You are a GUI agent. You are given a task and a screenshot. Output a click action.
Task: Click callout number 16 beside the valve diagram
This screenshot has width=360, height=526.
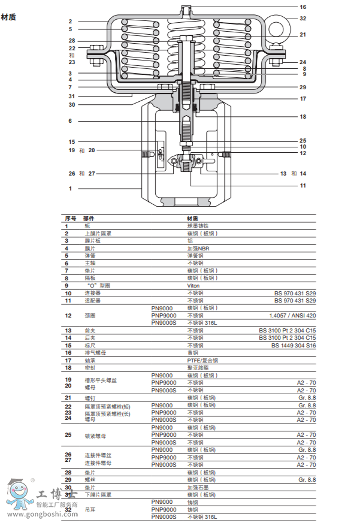click(x=303, y=7)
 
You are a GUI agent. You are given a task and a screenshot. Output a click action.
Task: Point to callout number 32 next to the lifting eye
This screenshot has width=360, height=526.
click(x=303, y=19)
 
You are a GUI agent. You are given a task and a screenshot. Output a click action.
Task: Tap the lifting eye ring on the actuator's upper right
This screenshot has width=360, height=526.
click(x=276, y=28)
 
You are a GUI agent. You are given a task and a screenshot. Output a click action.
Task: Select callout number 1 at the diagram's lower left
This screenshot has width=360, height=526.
click(x=70, y=189)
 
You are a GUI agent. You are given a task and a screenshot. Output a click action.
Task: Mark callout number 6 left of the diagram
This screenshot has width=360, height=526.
click(x=70, y=121)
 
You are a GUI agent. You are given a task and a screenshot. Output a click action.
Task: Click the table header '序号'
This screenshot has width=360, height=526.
click(x=70, y=219)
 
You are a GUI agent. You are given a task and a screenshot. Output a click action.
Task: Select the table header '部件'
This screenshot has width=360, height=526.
click(x=89, y=219)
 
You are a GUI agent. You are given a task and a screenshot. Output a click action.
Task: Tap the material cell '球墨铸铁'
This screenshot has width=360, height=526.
click(x=197, y=226)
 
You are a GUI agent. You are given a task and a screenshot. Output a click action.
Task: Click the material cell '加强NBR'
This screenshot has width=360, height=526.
click(x=197, y=249)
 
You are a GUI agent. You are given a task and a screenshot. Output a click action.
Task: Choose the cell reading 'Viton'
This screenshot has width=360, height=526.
click(x=193, y=286)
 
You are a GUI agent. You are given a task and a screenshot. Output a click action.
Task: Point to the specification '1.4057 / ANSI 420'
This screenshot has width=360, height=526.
click(x=292, y=315)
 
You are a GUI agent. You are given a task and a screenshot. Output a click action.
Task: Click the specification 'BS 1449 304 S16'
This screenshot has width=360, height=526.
click(x=294, y=345)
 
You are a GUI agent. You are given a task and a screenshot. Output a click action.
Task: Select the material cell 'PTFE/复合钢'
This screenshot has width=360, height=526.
click(x=202, y=360)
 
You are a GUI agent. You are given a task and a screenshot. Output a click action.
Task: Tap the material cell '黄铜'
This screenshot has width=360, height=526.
click(x=192, y=353)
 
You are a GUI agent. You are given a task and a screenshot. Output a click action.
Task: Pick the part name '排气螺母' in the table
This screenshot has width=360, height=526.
click(x=93, y=353)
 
